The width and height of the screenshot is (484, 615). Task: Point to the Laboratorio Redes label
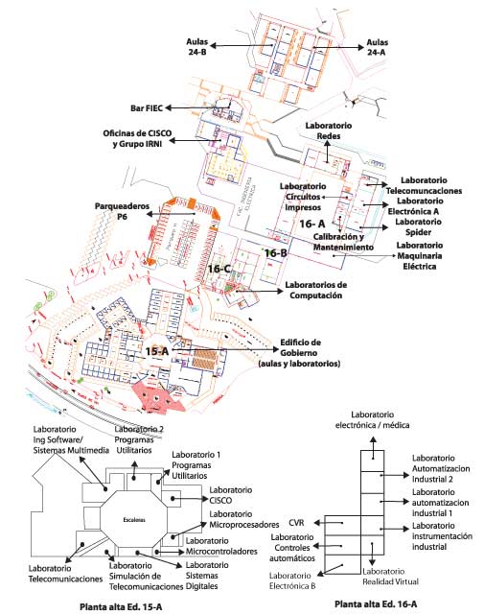[329, 131]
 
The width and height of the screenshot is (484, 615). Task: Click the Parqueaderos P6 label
[121, 212]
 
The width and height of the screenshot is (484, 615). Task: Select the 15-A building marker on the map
[157, 352]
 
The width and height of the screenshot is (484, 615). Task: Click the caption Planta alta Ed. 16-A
[378, 604]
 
